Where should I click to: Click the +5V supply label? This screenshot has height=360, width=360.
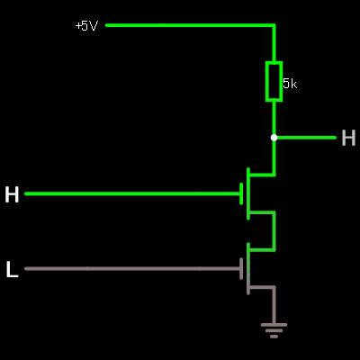(x=86, y=26)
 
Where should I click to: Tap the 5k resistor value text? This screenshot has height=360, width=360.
(x=290, y=84)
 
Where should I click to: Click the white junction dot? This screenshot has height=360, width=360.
(x=274, y=138)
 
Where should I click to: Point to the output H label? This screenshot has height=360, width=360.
(x=348, y=138)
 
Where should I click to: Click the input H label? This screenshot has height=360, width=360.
(x=12, y=194)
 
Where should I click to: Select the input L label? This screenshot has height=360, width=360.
(x=12, y=269)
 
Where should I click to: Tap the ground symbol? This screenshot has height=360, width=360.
(x=274, y=330)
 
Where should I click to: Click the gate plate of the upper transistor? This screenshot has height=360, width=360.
(x=241, y=193)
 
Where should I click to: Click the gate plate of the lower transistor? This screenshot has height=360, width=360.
(x=241, y=268)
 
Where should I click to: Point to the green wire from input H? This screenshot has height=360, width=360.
(x=132, y=193)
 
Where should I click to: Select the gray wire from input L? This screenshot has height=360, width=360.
(x=132, y=269)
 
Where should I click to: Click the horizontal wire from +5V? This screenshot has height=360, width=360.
(x=191, y=25)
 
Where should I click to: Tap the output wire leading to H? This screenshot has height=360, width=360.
(x=305, y=138)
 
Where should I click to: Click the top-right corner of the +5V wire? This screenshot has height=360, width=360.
(x=274, y=25)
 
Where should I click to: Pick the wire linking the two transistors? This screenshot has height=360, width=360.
(x=274, y=231)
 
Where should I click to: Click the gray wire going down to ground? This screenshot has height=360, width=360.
(x=274, y=305)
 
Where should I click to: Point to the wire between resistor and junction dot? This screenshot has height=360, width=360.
(x=274, y=118)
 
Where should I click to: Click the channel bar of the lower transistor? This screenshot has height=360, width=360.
(x=248, y=268)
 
